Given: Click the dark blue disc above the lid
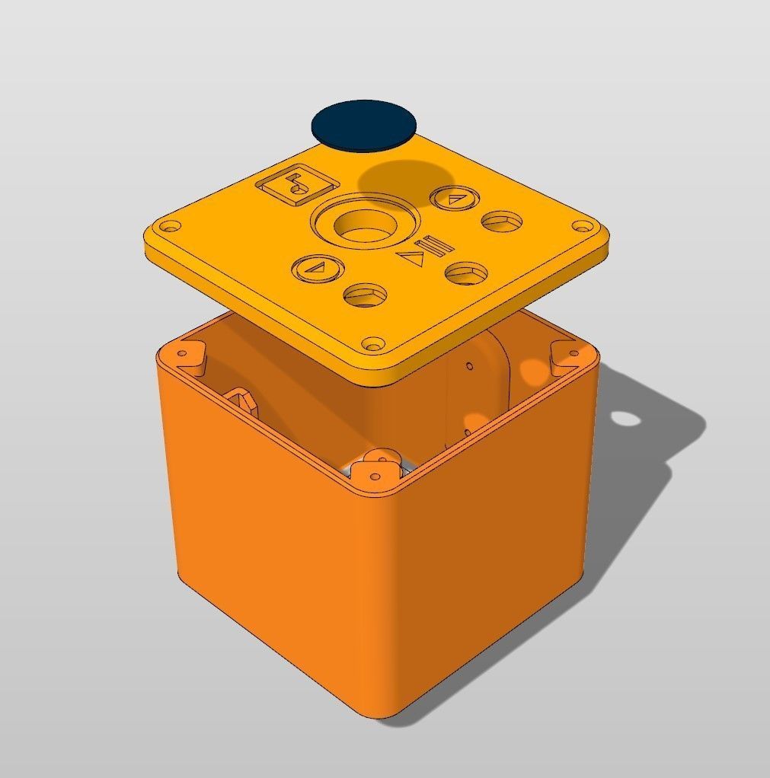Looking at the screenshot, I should pyautogui.click(x=364, y=124).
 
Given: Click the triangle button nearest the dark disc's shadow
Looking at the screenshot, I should pyautogui.click(x=455, y=199).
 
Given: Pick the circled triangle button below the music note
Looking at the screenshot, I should pyautogui.click(x=318, y=268).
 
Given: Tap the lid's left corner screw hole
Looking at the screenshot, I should pyautogui.click(x=171, y=227).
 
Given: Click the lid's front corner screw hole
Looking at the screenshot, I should pyautogui.click(x=372, y=345).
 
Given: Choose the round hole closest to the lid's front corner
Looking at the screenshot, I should pyautogui.click(x=365, y=295).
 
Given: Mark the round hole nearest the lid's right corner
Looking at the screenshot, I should pyautogui.click(x=503, y=222).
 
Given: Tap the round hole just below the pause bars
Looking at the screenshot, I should pyautogui.click(x=466, y=273).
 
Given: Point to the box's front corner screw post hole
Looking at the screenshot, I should pyautogui.click(x=375, y=476).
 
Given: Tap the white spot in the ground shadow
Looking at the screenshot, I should pyautogui.click(x=625, y=418).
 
